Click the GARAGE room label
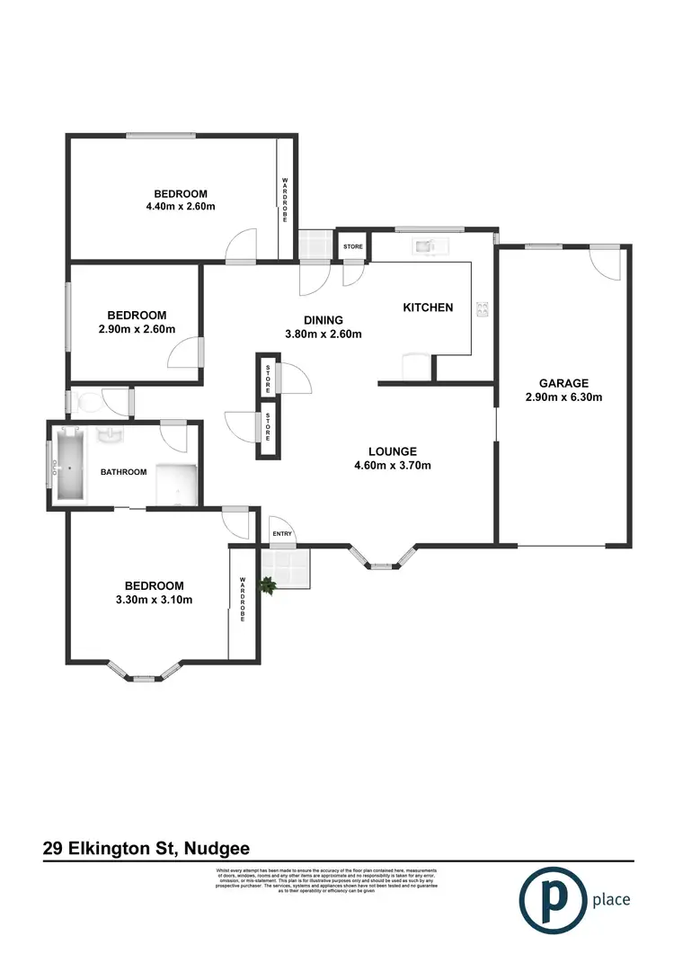coord(563,382)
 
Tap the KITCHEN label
coord(427,308)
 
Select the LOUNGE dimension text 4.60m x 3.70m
coord(394,466)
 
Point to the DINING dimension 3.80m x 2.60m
coord(324,334)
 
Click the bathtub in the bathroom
coord(70,465)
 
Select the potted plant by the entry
coord(267,585)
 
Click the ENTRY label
coord(282,534)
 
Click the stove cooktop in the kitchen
coord(483,309)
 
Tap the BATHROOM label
coord(123,472)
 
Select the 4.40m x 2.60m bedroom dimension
coord(181,207)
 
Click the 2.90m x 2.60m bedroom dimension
coord(137,329)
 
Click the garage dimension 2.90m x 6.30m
coord(563,397)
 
